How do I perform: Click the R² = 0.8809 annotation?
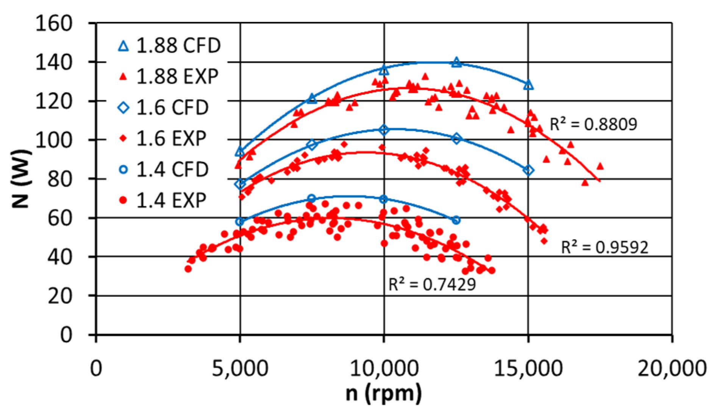pos(593,124)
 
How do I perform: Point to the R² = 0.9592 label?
pos(604,247)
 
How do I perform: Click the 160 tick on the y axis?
pos(54,23)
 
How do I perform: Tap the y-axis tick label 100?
pos(54,140)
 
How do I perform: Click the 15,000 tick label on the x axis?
pos(528,368)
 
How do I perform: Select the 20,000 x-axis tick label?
pos(672,368)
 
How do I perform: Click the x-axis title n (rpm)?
pos(384,394)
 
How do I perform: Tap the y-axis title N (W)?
pos(21,179)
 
